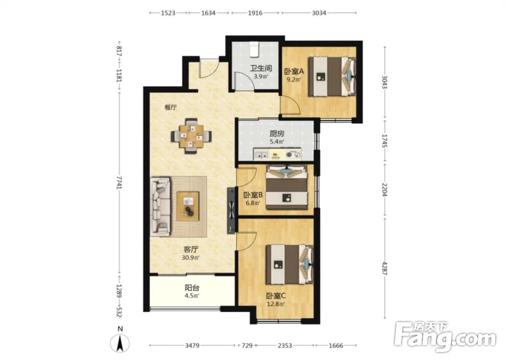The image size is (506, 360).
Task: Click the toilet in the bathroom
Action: pos(255,50)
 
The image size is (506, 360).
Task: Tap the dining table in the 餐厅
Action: pos(191,136)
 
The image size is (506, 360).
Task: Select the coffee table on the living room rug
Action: pos(187,206)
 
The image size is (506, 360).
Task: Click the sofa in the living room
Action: pos(160,205)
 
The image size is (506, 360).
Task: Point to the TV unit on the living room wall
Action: pos(232,210)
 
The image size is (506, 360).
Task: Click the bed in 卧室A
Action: pos(331,76)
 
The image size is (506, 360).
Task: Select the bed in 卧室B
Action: pos(286,188)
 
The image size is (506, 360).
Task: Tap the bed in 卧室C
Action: pos(290,264)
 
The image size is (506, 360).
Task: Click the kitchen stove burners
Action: pos(294,154)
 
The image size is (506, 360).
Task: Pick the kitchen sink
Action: pos(261,154)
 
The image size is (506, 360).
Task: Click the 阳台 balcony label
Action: pos(191,287)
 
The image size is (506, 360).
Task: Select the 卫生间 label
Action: pos(261,68)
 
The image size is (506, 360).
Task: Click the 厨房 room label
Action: pos(277,133)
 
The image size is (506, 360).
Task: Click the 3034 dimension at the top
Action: pos(319,13)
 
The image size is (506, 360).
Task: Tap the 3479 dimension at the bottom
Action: pos(192,345)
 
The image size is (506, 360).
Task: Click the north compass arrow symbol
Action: pos(120,343)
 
